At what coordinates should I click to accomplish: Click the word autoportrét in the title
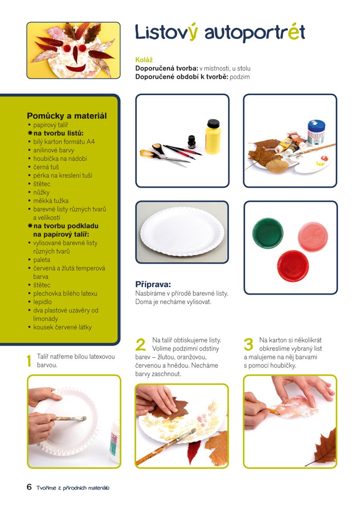click(255, 32)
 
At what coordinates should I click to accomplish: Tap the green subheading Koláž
click(144, 60)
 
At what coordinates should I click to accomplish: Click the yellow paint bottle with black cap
click(213, 137)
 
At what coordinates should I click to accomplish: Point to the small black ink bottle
click(192, 142)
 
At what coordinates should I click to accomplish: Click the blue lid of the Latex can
click(316, 125)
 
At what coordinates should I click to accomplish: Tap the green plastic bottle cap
click(267, 232)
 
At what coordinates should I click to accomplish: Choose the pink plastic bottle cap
click(313, 236)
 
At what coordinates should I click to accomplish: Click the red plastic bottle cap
click(293, 265)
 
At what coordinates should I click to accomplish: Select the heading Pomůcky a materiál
click(67, 116)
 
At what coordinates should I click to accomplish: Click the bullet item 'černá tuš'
click(46, 167)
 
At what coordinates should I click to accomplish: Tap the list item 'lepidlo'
click(42, 302)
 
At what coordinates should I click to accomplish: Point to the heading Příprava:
click(153, 285)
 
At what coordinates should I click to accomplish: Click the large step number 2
click(140, 345)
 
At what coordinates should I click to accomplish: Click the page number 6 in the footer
click(29, 487)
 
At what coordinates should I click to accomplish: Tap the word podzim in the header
click(240, 77)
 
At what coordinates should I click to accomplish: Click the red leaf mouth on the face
click(76, 68)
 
